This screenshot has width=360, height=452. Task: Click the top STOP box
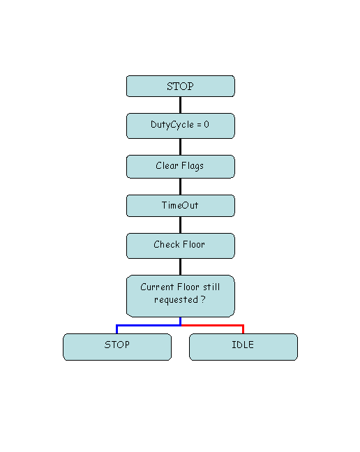(x=181, y=86)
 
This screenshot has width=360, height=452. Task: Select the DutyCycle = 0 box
(x=181, y=126)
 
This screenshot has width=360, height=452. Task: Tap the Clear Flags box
(x=181, y=167)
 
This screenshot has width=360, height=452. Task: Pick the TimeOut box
(x=181, y=206)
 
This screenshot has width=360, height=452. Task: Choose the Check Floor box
(x=181, y=246)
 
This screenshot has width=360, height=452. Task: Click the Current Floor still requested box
(x=181, y=296)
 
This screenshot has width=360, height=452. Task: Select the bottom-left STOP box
(x=117, y=347)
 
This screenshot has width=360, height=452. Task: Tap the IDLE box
(x=243, y=347)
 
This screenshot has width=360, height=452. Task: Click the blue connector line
(x=149, y=326)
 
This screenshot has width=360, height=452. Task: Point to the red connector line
(x=212, y=326)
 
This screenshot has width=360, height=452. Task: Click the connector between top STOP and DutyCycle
(x=181, y=105)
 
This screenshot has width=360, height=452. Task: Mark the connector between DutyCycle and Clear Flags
(x=181, y=147)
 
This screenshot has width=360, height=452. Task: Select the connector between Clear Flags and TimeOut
(x=181, y=186)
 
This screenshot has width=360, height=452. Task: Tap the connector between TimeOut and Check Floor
(x=181, y=225)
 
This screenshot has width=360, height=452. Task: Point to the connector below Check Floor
(x=181, y=267)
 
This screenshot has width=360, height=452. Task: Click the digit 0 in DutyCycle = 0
(x=207, y=124)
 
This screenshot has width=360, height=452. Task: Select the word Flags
(x=193, y=166)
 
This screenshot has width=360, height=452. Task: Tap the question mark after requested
(x=203, y=299)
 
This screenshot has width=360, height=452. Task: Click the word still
(x=211, y=287)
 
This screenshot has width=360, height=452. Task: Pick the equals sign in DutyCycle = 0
(x=199, y=125)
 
